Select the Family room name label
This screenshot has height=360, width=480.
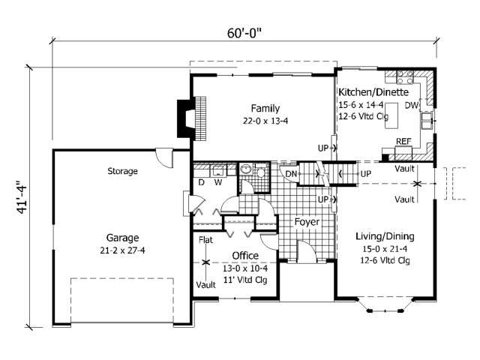point(265,107)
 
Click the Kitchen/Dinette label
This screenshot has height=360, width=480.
point(373,91)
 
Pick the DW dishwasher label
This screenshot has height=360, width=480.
point(411,106)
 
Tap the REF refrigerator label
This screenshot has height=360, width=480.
point(403,141)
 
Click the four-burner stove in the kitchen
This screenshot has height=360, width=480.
point(404,76)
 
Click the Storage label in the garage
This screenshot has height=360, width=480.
point(122,171)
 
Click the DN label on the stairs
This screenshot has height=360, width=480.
point(292,175)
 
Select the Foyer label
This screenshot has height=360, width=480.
point(307,222)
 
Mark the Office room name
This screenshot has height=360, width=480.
point(244,256)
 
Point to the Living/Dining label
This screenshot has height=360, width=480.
point(384,236)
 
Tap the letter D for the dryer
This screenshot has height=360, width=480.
point(201,181)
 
